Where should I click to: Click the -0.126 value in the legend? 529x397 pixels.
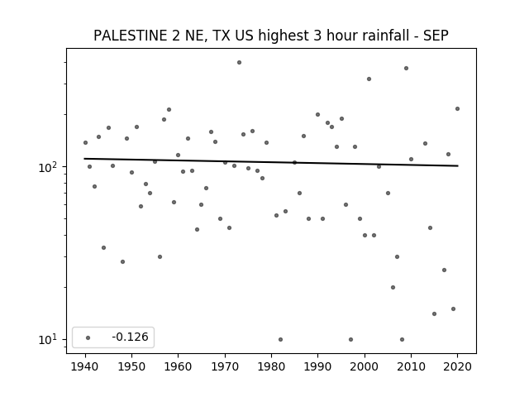[130, 337]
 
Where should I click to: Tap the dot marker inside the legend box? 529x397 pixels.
[88, 337]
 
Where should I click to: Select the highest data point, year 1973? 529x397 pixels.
[239, 63]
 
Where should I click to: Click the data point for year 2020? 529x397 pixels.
[457, 108]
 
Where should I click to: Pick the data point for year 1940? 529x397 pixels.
[85, 143]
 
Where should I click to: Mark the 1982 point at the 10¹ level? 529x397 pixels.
[281, 340]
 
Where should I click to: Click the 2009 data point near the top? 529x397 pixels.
[406, 68]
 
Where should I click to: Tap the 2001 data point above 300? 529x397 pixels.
[369, 79]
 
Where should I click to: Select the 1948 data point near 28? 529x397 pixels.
[122, 261]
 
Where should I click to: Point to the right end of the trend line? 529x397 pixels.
[458, 165]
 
